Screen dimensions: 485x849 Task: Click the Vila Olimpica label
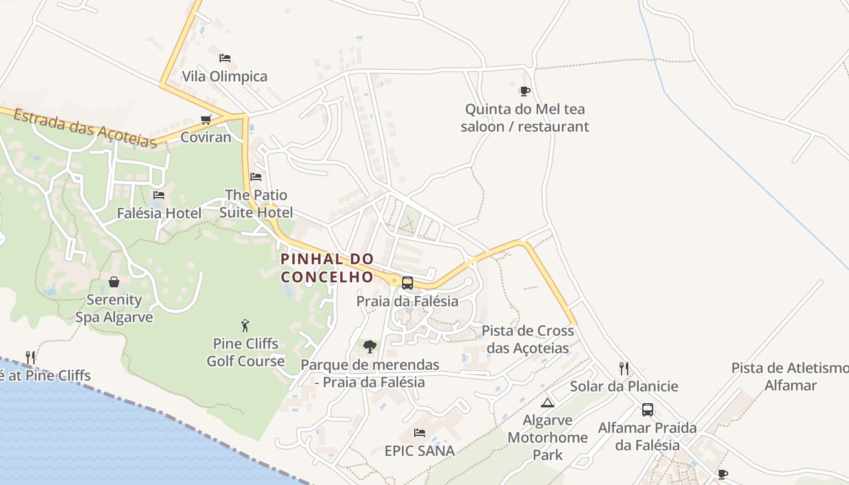(x=225, y=76)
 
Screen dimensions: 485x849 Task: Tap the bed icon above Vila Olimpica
(x=225, y=58)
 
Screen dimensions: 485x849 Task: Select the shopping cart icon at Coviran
(x=206, y=119)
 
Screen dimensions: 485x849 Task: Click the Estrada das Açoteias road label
(x=85, y=128)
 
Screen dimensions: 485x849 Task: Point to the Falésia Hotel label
(x=159, y=213)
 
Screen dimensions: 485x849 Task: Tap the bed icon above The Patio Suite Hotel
(x=256, y=177)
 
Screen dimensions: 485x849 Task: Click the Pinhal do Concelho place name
(x=327, y=268)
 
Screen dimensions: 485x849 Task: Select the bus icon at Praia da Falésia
(x=408, y=283)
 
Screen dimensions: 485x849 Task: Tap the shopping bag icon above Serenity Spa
(x=114, y=282)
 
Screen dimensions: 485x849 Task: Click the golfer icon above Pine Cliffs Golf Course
(x=245, y=326)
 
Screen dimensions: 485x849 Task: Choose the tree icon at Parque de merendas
(x=370, y=347)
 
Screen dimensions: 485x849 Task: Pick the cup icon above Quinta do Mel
(x=525, y=92)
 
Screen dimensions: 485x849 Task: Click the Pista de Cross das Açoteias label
(x=528, y=339)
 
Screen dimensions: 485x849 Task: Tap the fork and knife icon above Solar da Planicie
(x=624, y=368)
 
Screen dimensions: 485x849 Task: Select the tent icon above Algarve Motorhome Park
(x=548, y=403)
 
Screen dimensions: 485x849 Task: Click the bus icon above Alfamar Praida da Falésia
(x=648, y=409)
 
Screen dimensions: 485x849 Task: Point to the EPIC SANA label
(x=420, y=451)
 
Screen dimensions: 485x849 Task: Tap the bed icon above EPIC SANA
(x=419, y=433)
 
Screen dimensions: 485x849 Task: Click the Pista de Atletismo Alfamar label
(x=790, y=376)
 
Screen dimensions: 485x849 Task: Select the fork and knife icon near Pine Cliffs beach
(x=30, y=357)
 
